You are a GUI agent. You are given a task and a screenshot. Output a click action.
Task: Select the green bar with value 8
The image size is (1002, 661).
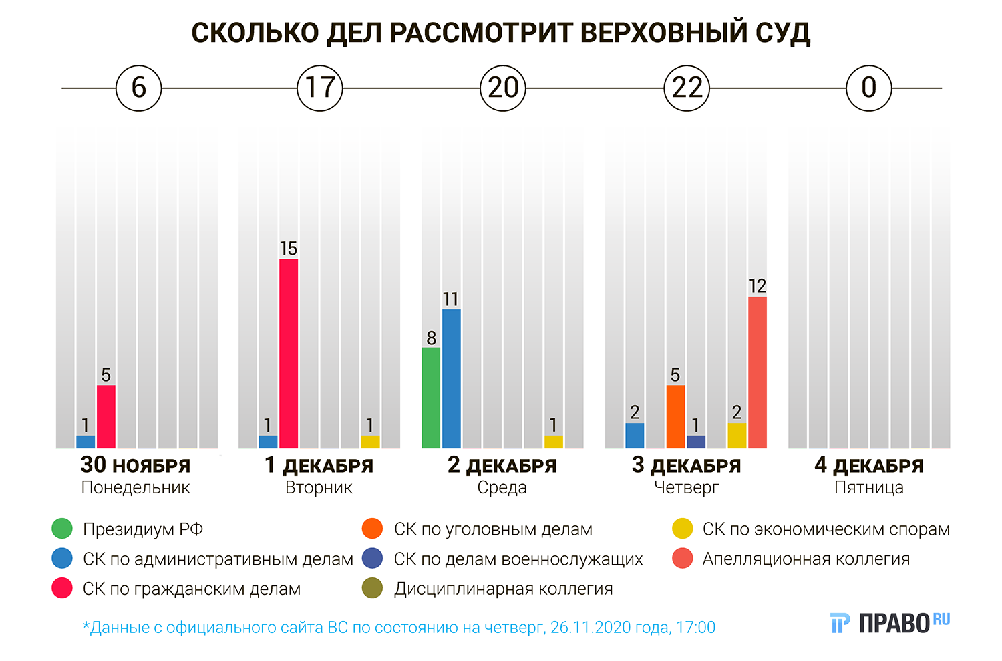(x=431, y=398)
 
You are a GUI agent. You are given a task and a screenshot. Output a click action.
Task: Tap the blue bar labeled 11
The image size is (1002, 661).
(x=452, y=378)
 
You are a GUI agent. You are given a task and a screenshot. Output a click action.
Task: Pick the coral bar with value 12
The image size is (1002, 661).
(x=758, y=372)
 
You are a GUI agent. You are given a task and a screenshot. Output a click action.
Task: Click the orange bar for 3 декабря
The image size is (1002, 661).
(x=675, y=416)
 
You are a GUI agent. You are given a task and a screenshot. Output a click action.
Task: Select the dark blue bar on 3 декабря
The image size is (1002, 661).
(x=696, y=442)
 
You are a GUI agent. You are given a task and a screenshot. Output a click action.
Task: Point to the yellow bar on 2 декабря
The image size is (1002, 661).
(x=554, y=442)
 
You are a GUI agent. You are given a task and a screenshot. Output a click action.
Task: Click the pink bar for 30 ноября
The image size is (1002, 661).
(x=106, y=416)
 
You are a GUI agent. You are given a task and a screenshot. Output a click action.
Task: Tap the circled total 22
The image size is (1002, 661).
(x=687, y=88)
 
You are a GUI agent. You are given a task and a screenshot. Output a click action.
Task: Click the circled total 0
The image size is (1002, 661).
(x=868, y=88)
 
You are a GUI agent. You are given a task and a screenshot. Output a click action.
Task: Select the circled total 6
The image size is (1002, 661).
(x=139, y=88)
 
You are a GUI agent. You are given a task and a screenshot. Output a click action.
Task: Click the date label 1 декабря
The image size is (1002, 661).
(x=319, y=465)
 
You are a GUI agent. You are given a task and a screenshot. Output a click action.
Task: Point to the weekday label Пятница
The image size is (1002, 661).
(x=868, y=488)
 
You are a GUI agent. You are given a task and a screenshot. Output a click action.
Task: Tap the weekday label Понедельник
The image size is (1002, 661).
(x=136, y=488)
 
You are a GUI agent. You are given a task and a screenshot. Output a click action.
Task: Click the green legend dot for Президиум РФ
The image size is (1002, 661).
(x=62, y=529)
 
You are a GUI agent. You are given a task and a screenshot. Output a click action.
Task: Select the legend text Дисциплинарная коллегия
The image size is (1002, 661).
(x=503, y=589)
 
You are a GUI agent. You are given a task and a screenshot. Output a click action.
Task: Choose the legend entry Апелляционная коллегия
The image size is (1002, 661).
(x=806, y=559)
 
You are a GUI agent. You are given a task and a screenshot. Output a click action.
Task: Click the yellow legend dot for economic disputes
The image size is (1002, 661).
(x=683, y=529)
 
